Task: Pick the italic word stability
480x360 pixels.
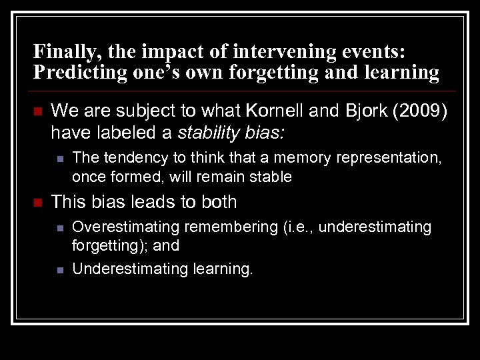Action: click(x=209, y=133)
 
